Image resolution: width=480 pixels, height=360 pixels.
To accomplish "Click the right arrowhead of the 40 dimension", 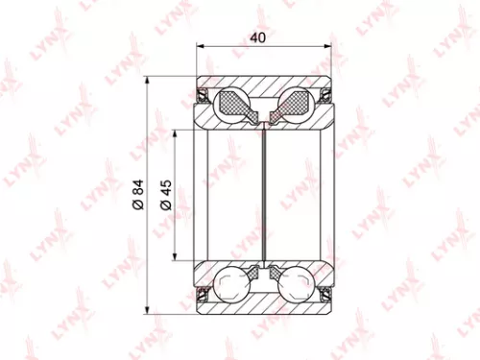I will point(330,44).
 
